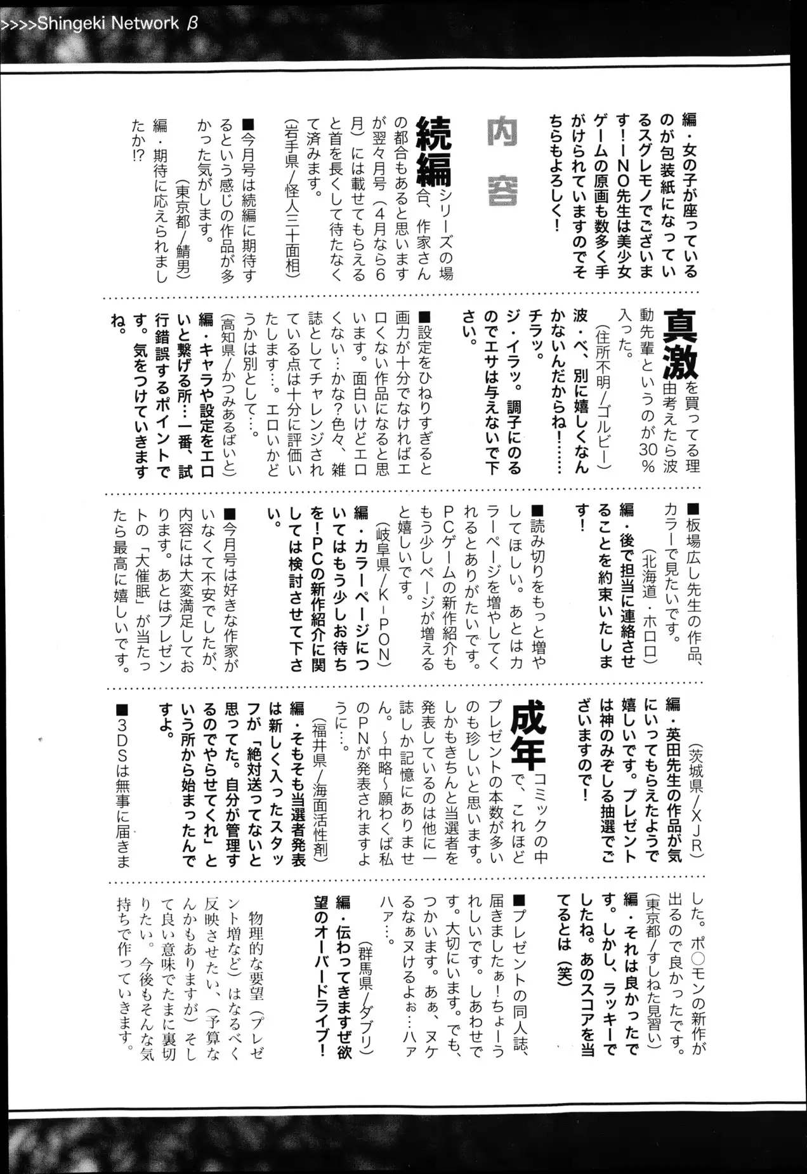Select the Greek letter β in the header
tap(193, 23)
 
